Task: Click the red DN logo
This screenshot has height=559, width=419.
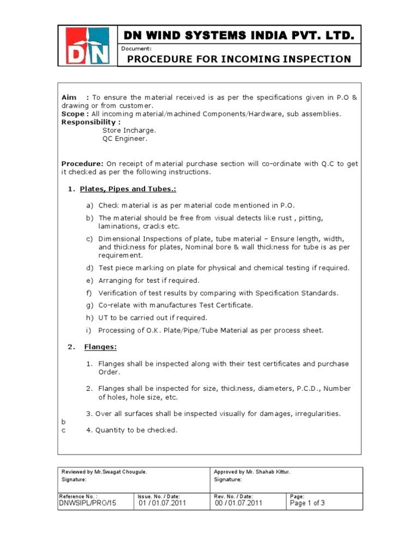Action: (87, 46)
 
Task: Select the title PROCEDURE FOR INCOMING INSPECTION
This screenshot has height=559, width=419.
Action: (239, 58)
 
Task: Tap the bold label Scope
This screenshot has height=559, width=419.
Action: (73, 114)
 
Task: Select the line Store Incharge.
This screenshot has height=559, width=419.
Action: (129, 130)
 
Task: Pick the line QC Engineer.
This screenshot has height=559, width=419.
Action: (125, 139)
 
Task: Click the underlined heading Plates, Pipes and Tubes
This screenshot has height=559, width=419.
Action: (128, 189)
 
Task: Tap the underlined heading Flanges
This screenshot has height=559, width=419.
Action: (100, 347)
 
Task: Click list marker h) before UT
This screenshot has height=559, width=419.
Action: (89, 318)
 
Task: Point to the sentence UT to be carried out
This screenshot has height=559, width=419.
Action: (153, 318)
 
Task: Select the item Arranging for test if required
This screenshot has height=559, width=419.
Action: (149, 280)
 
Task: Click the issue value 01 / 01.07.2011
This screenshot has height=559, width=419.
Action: (163, 503)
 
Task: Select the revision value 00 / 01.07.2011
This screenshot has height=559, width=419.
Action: (238, 503)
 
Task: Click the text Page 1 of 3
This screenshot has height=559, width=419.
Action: (308, 503)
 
